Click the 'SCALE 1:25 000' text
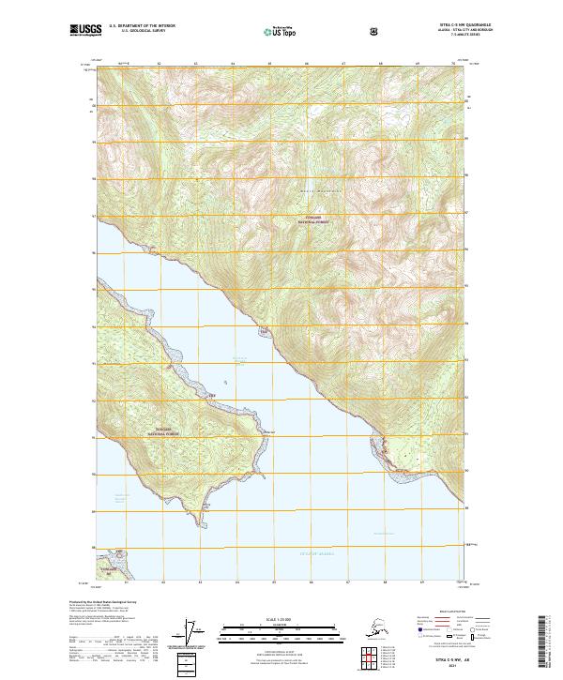coord(281,617)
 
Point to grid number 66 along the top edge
coord(307,63)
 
